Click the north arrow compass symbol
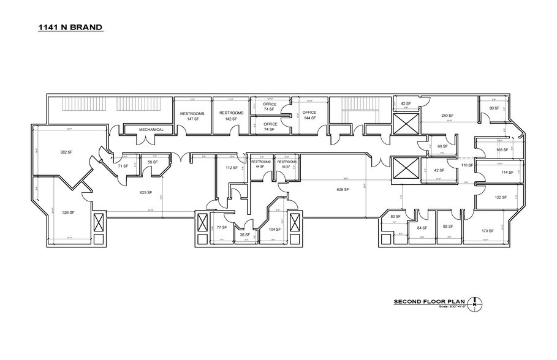(x=476, y=302)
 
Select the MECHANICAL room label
(x=151, y=130)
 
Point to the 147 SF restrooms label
(x=191, y=116)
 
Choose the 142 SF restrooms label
(x=231, y=116)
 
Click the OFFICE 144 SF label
(x=309, y=115)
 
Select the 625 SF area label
(x=146, y=192)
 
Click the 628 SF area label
(x=342, y=190)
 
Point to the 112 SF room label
(x=230, y=168)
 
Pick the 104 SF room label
(x=275, y=230)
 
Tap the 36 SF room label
(x=244, y=234)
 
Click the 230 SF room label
(x=449, y=115)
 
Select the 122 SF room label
(x=501, y=197)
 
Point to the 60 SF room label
(x=442, y=146)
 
